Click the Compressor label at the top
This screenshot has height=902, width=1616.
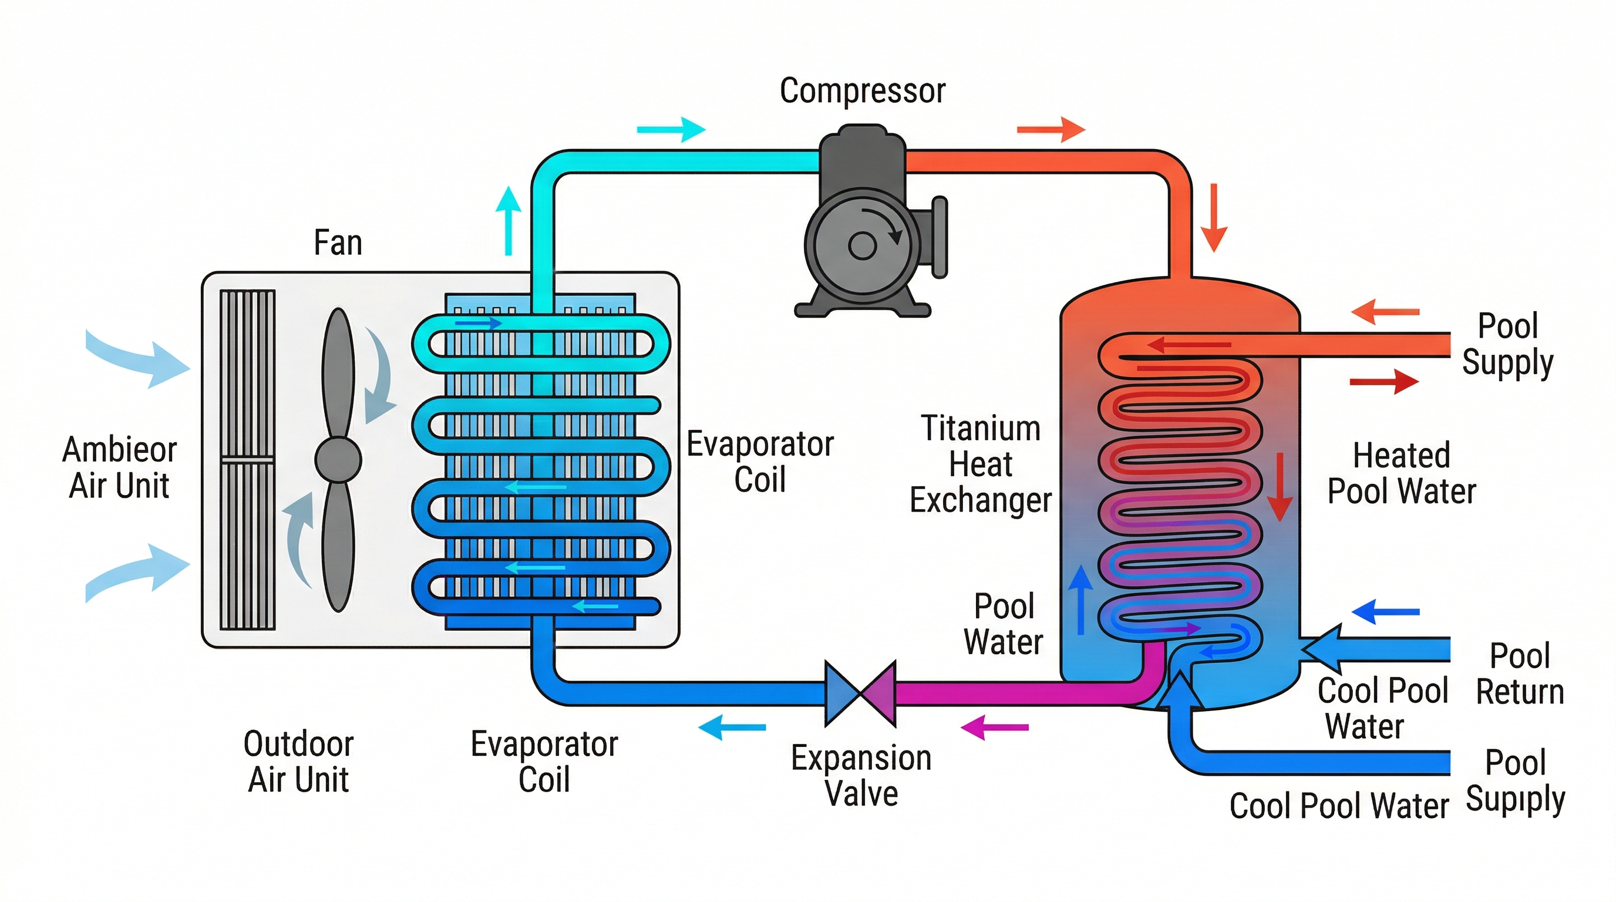pos(862,91)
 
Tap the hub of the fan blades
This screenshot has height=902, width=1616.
pos(338,459)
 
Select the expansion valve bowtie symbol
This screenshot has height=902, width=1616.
pos(860,693)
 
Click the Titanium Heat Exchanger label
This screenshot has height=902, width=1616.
pos(980,464)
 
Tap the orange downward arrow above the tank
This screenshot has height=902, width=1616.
pos(1214,217)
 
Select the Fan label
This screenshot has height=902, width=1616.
pos(338,243)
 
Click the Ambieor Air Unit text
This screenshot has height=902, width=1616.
pos(119,467)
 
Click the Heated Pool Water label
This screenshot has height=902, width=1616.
pos(1401,473)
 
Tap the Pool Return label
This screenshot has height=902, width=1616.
pos(1519,674)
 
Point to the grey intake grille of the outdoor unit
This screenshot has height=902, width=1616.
pos(247,459)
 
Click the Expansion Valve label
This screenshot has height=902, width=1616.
pos(861,775)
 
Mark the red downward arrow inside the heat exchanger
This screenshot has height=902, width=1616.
pos(1279,487)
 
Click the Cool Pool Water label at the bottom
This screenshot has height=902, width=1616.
pos(1339,806)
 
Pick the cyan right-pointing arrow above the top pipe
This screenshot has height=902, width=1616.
pos(671,130)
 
